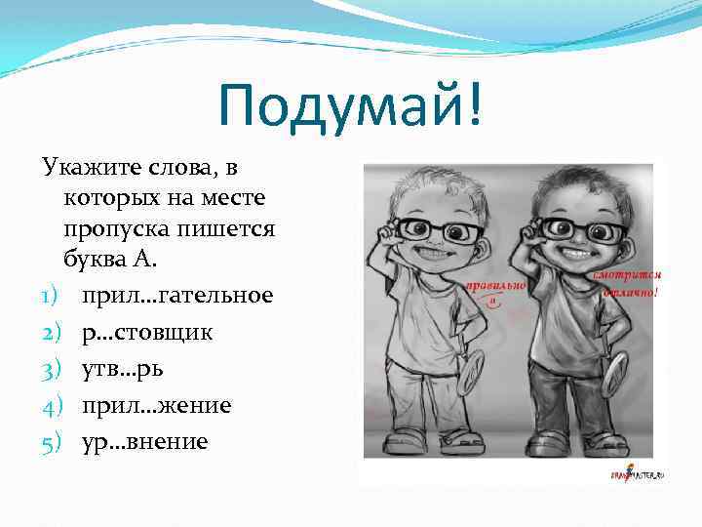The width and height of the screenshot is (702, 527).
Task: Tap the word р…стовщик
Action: [147, 332]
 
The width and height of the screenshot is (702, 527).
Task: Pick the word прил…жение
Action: [157, 404]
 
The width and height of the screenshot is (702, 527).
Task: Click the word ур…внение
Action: [145, 441]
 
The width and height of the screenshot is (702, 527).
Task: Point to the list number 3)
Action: [53, 369]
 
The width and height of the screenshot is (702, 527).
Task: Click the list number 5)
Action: [53, 441]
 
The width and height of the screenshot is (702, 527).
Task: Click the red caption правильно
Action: [494, 286]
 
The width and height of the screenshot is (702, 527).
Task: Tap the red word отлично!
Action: [629, 292]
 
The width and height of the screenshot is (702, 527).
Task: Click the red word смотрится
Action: [629, 276]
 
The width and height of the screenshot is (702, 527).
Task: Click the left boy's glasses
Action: [440, 231]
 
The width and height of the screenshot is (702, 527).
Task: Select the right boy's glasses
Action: [575, 231]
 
